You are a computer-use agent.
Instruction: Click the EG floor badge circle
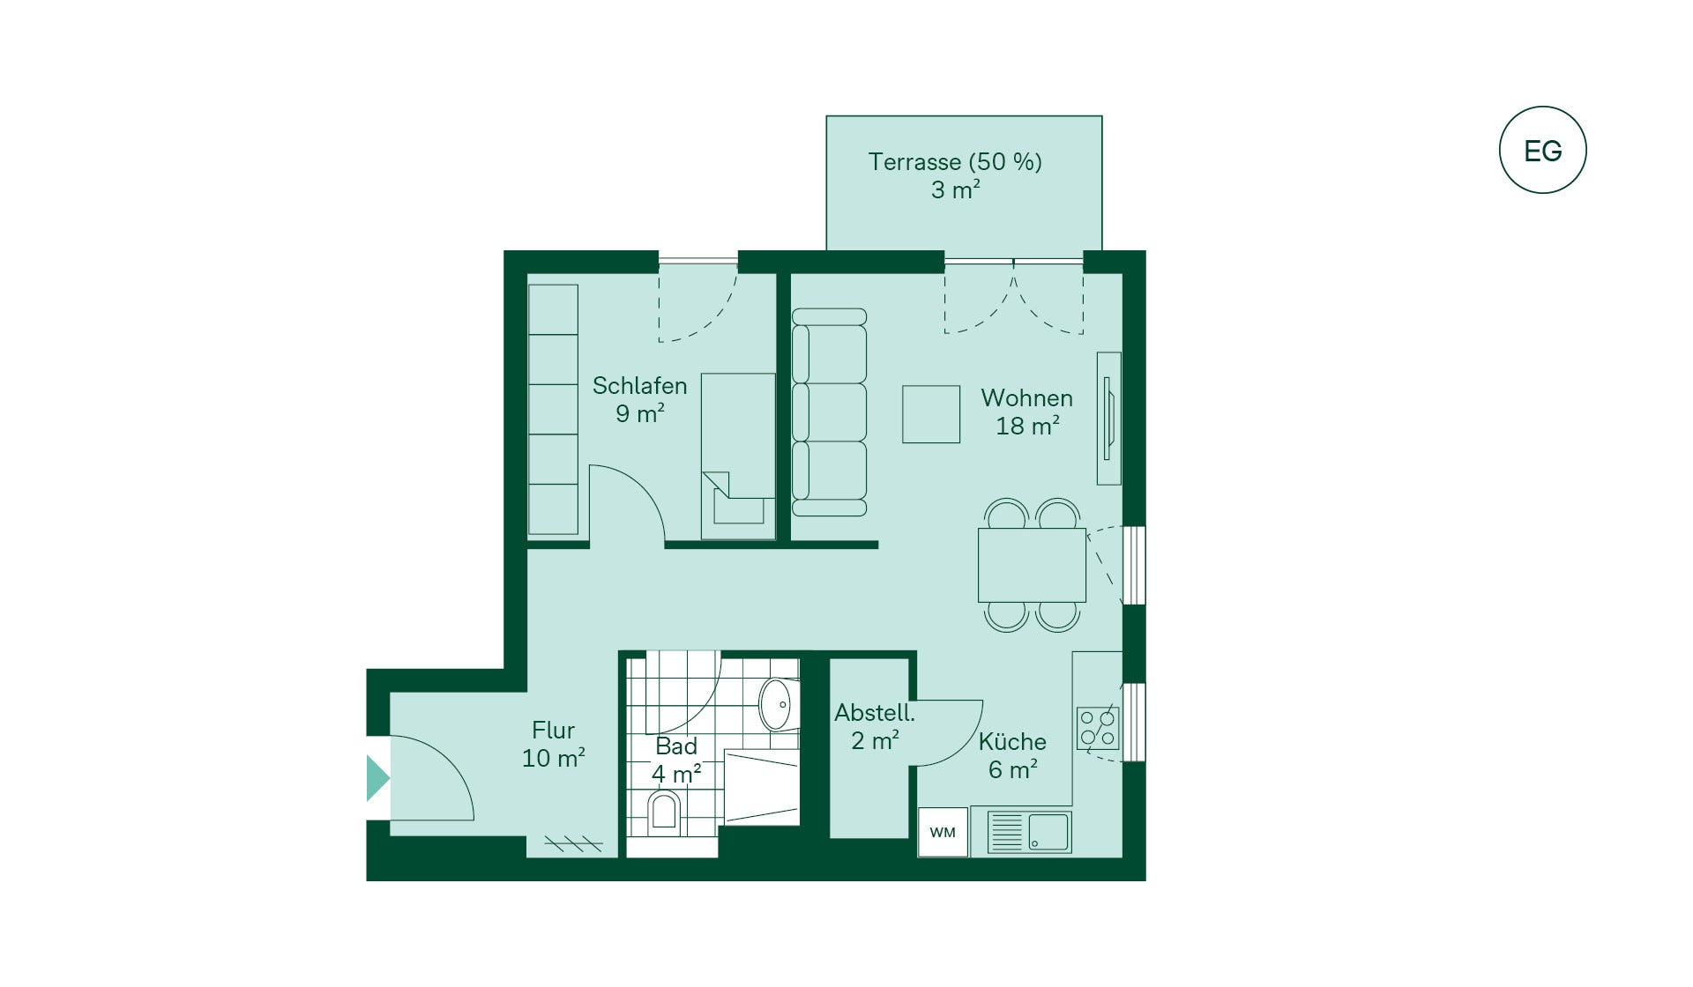(1542, 108)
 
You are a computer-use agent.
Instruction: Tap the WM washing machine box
(943, 832)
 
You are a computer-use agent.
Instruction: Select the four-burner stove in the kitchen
(1098, 728)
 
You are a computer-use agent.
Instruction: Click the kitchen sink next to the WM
(1029, 832)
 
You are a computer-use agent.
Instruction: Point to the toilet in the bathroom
(664, 813)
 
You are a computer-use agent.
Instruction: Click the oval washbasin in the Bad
(775, 704)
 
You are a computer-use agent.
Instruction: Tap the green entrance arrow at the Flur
(378, 778)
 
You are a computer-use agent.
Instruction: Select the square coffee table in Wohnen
(931, 414)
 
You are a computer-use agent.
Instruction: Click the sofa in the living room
(829, 412)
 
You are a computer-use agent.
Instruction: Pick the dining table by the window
(1032, 565)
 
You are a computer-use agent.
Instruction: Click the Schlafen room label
(639, 386)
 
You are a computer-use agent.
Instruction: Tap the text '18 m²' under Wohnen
(1027, 427)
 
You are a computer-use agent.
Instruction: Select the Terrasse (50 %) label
(955, 162)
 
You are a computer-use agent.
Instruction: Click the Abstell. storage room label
(875, 713)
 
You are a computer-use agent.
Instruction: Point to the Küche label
(1012, 742)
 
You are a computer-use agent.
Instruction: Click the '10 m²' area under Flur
(554, 759)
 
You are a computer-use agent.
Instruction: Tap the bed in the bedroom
(738, 456)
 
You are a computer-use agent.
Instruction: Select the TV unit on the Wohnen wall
(1108, 419)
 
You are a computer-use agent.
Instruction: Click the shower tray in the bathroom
(762, 788)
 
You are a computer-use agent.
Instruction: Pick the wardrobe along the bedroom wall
(553, 409)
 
